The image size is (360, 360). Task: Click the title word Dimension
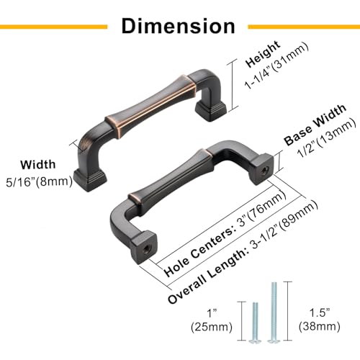178,26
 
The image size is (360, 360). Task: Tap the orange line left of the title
53,27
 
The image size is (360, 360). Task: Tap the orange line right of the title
304,27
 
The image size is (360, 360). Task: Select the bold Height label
263,54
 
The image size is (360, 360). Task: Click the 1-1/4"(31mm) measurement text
276,66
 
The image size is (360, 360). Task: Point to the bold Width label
38,165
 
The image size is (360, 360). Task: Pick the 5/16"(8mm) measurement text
39,181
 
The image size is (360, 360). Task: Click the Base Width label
315,125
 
